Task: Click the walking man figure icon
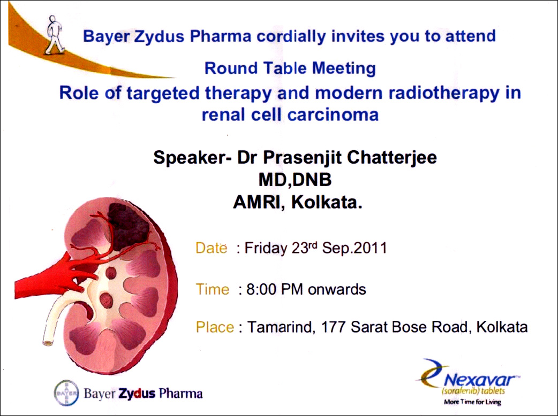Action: click(x=55, y=35)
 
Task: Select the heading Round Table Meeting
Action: click(x=290, y=68)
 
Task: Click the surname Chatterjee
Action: click(x=392, y=158)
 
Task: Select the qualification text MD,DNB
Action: click(x=295, y=180)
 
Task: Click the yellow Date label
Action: click(x=212, y=248)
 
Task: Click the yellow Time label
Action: click(x=213, y=289)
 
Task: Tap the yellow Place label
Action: click(x=215, y=327)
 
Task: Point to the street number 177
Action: click(x=333, y=327)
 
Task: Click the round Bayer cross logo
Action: click(x=66, y=393)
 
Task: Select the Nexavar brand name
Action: click(x=479, y=381)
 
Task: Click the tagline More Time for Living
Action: click(x=473, y=402)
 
